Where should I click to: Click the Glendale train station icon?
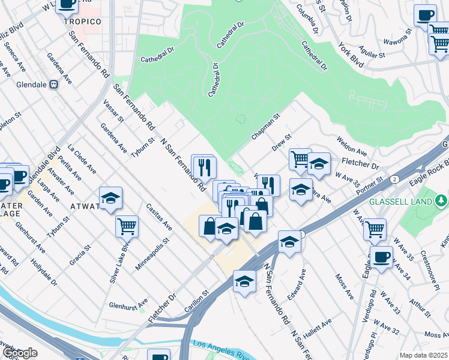point(53,85)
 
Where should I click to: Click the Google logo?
point(19,353)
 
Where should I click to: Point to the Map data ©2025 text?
point(423,355)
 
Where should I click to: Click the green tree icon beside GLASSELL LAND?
point(442,200)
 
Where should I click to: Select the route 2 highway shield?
point(394,179)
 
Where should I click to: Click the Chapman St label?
point(265,127)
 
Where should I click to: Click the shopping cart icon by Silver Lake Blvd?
point(127,226)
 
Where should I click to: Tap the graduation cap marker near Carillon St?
point(244,281)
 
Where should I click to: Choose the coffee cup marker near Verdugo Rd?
point(381,256)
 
